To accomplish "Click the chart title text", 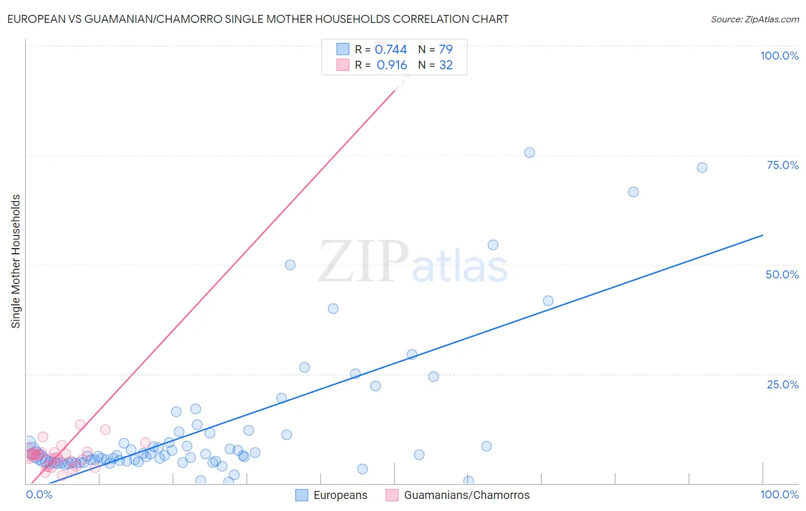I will (x=258, y=19).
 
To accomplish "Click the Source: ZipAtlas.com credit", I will (x=754, y=19).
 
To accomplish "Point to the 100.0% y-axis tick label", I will (x=779, y=56).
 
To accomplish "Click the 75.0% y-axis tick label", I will (x=782, y=165).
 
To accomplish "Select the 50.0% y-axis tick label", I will (x=782, y=274).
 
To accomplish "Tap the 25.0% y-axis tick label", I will (x=782, y=384).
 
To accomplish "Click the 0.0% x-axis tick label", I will (x=40, y=495).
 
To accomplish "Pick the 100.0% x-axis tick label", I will (x=779, y=495).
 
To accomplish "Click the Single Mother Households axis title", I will (x=16, y=261).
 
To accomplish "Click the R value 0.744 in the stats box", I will (x=391, y=50).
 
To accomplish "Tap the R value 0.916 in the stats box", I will (x=392, y=65).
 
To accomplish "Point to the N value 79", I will (x=446, y=50).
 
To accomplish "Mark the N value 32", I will (x=446, y=65).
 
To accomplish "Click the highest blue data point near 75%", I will (x=530, y=152).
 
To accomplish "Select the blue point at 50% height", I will (x=290, y=265).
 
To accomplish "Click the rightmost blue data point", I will (x=702, y=168).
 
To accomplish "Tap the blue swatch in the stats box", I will (x=343, y=49).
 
